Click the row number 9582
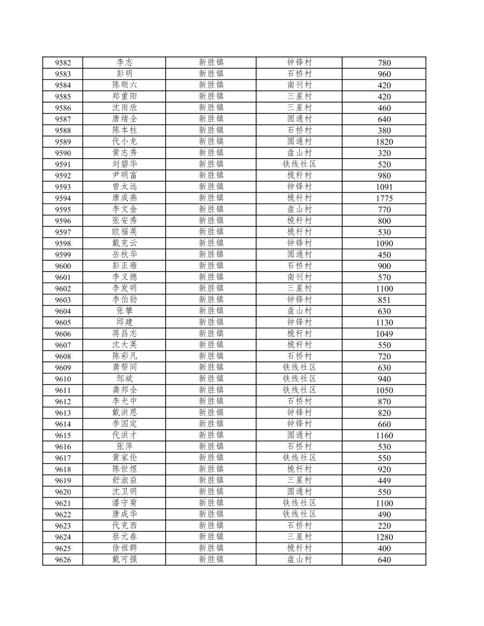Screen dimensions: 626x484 click(x=63, y=63)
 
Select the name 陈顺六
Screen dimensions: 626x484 click(x=124, y=85)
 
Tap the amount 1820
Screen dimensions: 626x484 click(x=384, y=141)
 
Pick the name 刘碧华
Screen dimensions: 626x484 click(x=124, y=164)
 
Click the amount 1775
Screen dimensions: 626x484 click(x=384, y=198)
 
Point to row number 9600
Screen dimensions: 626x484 click(x=63, y=266)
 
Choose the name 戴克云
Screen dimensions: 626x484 click(x=124, y=243)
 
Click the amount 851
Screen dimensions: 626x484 click(x=384, y=300)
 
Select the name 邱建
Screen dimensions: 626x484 click(x=124, y=322)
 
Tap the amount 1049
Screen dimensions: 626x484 click(x=384, y=334)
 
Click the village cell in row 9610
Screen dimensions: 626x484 click(x=299, y=379)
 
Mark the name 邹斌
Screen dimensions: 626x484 click(x=124, y=379)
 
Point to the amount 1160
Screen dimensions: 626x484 click(x=384, y=435)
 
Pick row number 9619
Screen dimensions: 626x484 click(x=63, y=481)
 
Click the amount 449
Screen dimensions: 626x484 click(x=384, y=481)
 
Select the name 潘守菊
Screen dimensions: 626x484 click(x=124, y=503)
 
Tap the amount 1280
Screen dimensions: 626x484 click(x=384, y=537)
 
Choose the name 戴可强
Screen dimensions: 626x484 click(x=124, y=559)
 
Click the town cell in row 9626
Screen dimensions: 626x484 click(x=211, y=559)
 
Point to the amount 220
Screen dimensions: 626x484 click(x=384, y=526)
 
